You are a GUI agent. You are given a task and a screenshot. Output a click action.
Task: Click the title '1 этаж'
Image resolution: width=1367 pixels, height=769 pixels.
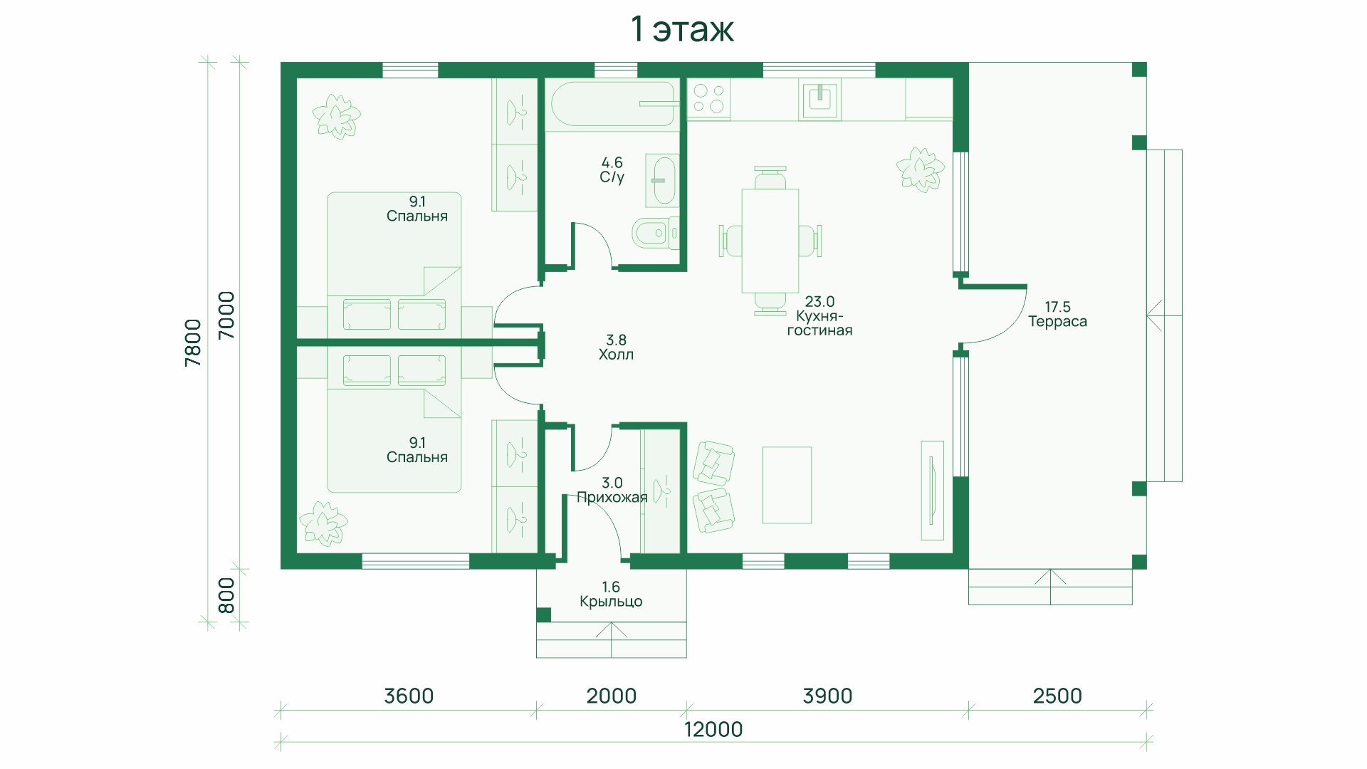point(682,29)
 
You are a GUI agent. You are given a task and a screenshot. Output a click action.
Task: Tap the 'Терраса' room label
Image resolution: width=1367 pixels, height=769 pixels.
point(1057,322)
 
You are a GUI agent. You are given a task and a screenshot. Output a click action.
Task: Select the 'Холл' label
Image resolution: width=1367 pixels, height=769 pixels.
point(616,355)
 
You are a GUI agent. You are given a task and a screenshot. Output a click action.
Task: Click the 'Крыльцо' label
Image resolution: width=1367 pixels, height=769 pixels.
point(611,602)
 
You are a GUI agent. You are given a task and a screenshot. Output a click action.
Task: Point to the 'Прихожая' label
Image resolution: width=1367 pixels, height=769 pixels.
point(612,498)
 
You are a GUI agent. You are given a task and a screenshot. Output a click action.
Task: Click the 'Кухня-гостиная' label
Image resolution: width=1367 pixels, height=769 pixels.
point(819,323)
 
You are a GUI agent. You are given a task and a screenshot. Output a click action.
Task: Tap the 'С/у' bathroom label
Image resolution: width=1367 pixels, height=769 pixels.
point(612,177)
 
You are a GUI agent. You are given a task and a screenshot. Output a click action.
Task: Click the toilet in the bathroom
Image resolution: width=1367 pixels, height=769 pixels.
point(655,233)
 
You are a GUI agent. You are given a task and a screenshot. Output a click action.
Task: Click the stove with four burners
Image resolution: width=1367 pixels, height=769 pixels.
point(708,99)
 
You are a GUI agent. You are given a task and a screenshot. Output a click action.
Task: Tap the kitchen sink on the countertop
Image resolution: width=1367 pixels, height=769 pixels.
point(821,99)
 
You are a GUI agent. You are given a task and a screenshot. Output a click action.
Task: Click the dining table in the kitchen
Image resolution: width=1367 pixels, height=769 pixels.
point(770,241)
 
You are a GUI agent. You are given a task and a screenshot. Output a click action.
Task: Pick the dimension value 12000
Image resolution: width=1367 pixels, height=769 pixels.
point(713,730)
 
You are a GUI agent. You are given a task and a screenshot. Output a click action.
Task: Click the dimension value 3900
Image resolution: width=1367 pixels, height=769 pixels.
point(827,696)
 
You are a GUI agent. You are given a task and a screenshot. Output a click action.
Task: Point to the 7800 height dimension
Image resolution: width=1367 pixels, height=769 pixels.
point(193,342)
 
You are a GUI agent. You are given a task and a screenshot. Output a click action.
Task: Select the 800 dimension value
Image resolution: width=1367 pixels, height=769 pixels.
point(226,595)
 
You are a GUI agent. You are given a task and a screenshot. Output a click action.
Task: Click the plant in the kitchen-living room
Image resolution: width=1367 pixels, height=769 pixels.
point(920,169)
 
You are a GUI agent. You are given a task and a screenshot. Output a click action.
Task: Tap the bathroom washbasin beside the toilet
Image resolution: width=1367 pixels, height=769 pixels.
point(662,181)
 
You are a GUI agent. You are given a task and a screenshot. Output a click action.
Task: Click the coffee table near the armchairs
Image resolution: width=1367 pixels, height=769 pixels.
point(787,485)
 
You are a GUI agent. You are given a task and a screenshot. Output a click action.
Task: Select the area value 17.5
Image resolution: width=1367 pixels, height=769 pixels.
point(1057,308)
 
